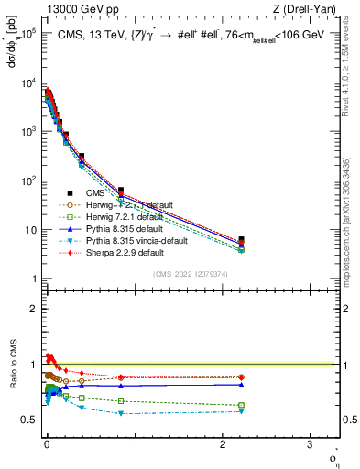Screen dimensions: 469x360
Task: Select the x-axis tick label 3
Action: (311, 444)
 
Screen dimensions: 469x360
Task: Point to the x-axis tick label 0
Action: (47, 444)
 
